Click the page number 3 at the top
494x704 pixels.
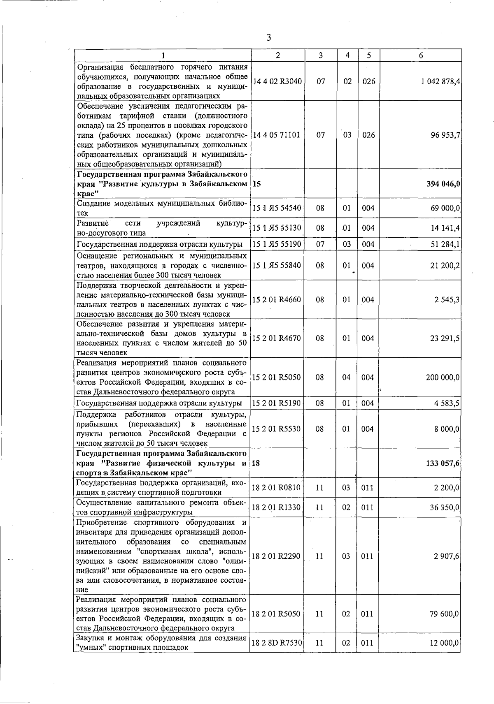268,38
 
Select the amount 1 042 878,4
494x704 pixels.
440,81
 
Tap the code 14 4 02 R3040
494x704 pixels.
277,81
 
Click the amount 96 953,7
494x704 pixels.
445,135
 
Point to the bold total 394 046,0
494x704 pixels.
443,184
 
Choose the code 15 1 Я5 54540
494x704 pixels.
277,208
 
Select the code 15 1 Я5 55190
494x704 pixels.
277,245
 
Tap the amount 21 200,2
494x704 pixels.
445,266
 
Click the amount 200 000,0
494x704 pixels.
443,377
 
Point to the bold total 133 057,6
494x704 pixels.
443,463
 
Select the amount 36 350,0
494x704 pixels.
445,508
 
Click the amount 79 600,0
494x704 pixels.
445,614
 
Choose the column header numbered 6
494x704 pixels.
421,56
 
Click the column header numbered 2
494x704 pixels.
278,56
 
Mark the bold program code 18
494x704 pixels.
256,463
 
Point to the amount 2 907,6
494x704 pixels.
447,556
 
